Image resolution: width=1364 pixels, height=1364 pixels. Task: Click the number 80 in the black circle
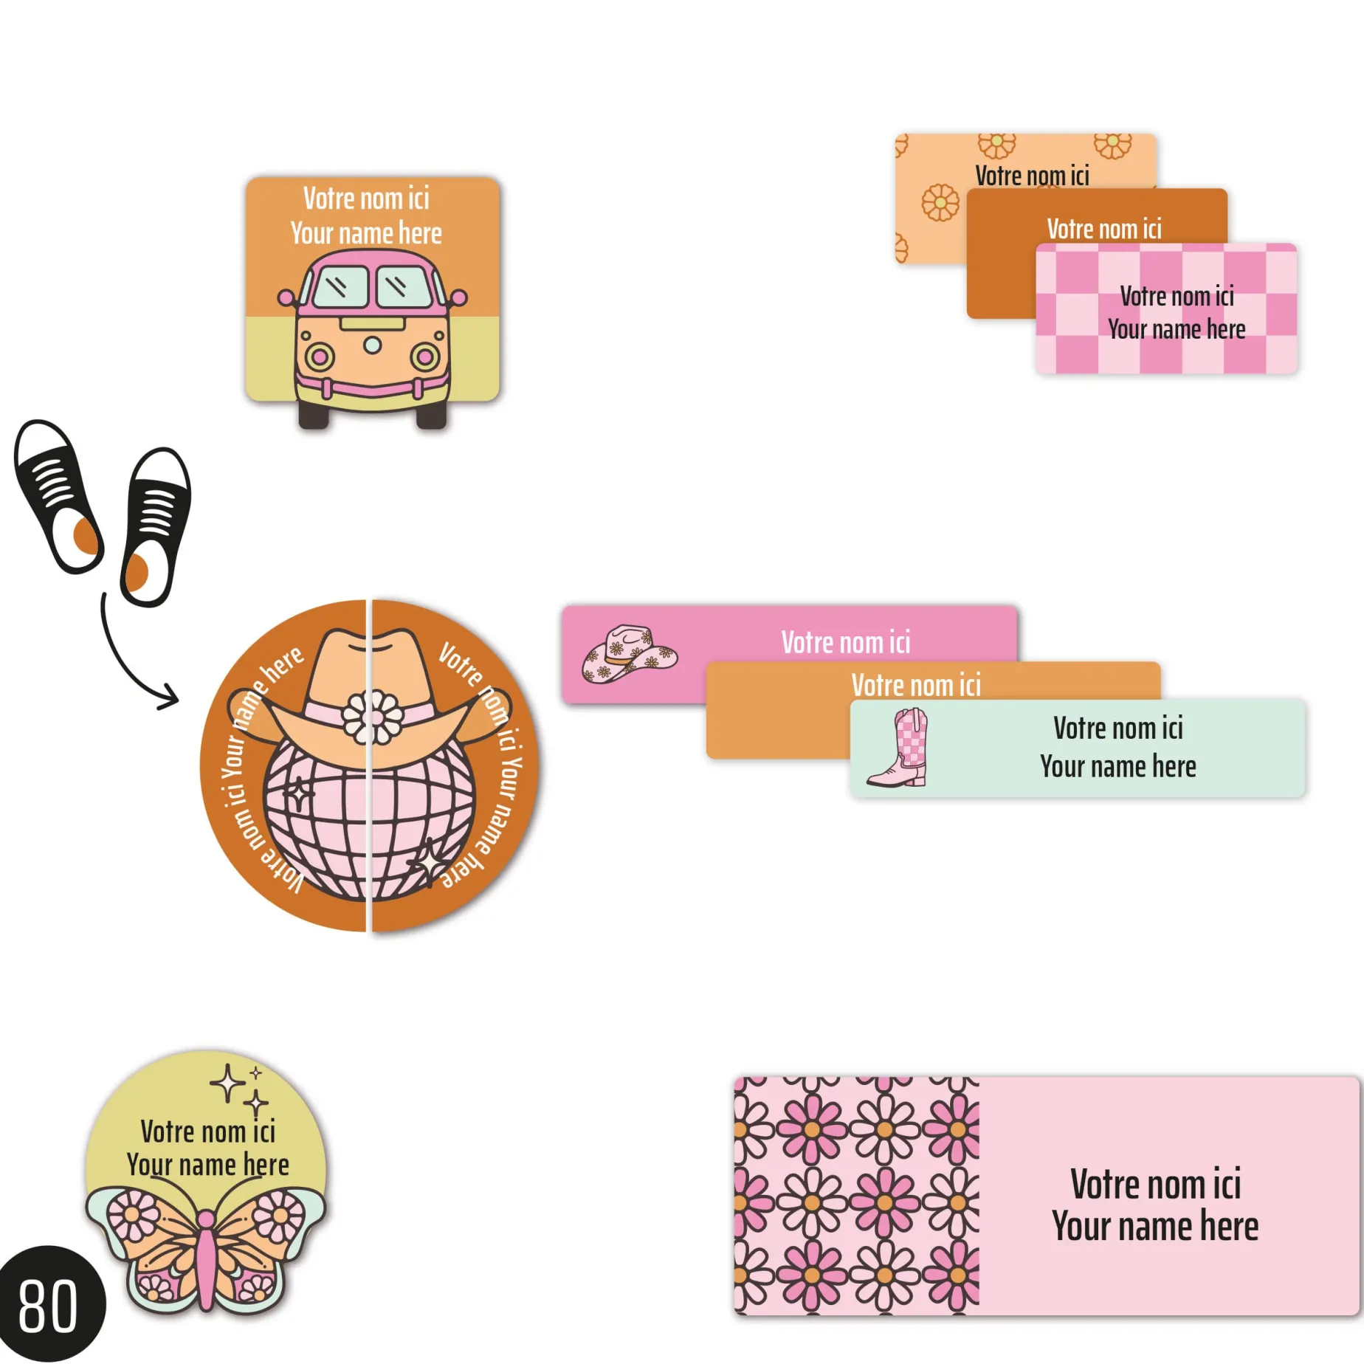(x=48, y=1306)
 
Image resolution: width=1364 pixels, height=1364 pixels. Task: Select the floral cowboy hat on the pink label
(x=629, y=654)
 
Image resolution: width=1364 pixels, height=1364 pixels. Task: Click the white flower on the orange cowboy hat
(x=373, y=716)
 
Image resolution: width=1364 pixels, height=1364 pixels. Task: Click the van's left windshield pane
(x=340, y=286)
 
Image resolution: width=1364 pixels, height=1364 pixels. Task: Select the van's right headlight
(x=425, y=357)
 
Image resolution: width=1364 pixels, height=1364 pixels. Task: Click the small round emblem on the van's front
(x=373, y=345)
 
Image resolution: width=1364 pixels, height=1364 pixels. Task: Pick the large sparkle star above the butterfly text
(x=227, y=1084)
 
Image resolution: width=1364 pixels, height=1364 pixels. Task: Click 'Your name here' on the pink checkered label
(x=1177, y=329)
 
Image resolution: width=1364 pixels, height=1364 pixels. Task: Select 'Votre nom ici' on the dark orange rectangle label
(x=1103, y=229)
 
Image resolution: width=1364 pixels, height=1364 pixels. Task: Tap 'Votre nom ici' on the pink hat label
(x=845, y=642)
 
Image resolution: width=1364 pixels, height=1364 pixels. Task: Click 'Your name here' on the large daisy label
(x=1155, y=1227)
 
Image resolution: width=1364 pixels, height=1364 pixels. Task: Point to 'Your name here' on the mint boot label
(x=1117, y=767)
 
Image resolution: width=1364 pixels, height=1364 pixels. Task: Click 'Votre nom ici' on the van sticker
(x=366, y=199)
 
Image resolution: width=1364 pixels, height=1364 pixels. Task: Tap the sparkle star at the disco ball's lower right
(x=429, y=862)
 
